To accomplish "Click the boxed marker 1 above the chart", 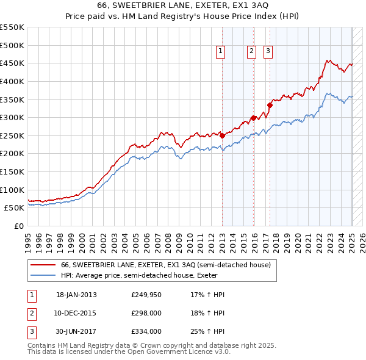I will (220, 52).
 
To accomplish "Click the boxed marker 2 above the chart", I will (251, 52).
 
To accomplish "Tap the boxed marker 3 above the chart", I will (268, 52).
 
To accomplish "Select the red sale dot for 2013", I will (222, 135).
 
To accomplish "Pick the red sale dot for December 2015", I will (253, 118).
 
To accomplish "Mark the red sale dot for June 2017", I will (270, 105).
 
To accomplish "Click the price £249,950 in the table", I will (146, 295).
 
